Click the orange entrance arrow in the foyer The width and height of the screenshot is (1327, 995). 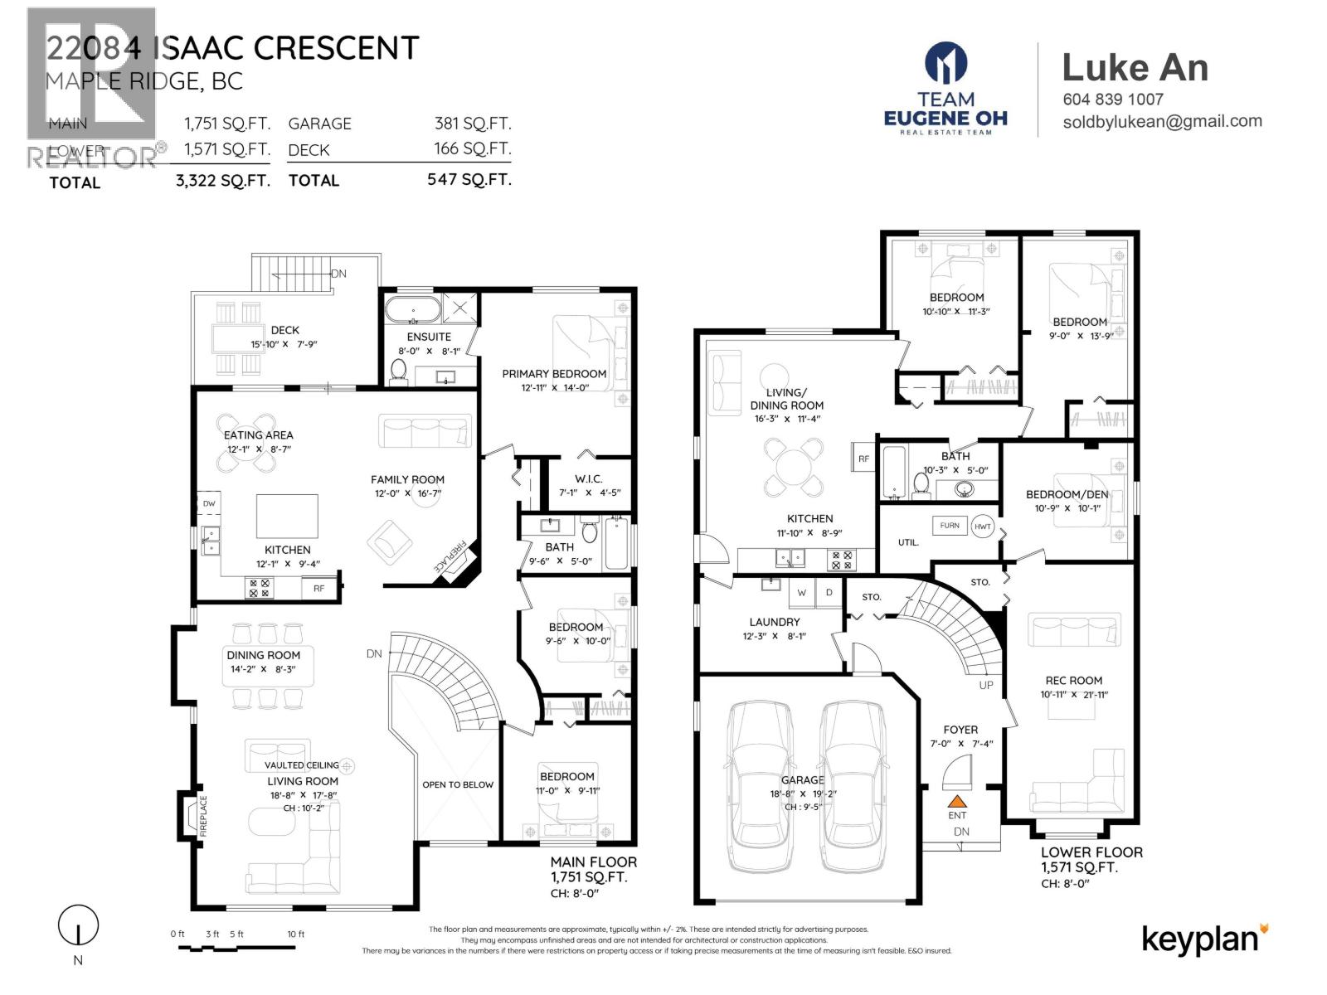point(957,802)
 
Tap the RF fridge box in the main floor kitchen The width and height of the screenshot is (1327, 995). point(318,588)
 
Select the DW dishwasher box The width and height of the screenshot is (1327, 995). point(209,503)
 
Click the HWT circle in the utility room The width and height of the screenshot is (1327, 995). point(983,527)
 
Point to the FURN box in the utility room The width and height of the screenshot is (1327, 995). point(950,525)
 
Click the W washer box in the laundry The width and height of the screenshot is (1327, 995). point(801,593)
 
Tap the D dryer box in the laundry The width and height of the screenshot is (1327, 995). point(829,593)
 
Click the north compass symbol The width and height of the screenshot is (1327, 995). point(78,925)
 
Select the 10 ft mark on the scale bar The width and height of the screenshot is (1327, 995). point(296,934)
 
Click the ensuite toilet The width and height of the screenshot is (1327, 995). point(399,371)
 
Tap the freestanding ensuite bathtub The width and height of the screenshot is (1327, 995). point(412,308)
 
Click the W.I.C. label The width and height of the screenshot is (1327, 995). point(588,478)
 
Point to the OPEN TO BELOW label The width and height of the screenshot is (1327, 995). point(458,784)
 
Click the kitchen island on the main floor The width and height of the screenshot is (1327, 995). point(287,517)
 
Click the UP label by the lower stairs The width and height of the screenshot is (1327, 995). point(986,685)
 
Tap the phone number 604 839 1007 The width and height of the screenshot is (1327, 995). point(1113,99)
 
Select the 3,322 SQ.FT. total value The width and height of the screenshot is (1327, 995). point(223,181)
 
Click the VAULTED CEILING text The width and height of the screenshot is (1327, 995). point(302,765)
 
